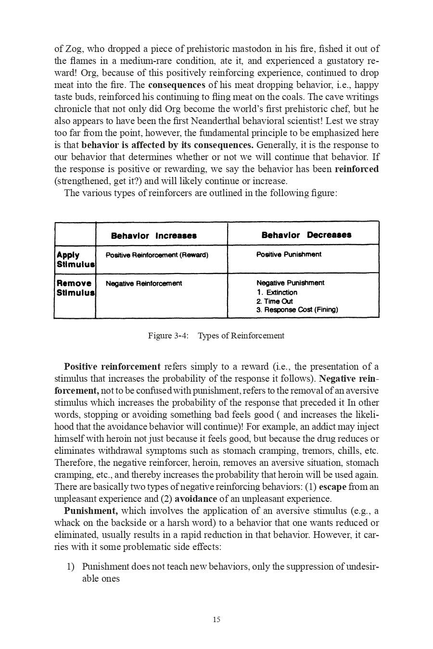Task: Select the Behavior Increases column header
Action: click(153, 236)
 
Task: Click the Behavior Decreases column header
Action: click(306, 235)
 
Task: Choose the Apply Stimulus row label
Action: click(75, 260)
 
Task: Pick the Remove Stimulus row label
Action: click(75, 288)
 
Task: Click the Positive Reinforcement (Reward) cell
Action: click(157, 255)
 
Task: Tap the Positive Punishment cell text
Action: click(289, 254)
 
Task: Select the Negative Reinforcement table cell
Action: click(144, 284)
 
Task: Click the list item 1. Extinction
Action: click(277, 292)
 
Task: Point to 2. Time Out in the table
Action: click(275, 301)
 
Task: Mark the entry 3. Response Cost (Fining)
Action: click(297, 310)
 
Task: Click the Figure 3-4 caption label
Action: click(168, 336)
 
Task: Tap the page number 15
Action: click(216, 620)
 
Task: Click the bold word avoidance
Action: click(195, 499)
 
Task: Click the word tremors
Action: click(314, 451)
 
